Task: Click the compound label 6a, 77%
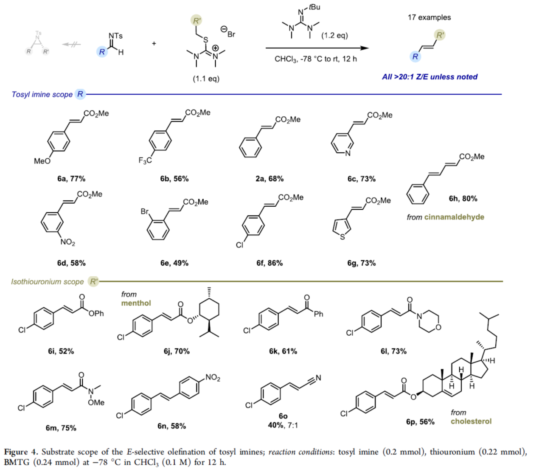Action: pyautogui.click(x=71, y=179)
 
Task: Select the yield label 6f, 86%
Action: pyautogui.click(x=269, y=263)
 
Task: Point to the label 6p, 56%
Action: pyautogui.click(x=420, y=421)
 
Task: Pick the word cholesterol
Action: pyautogui.click(x=471, y=421)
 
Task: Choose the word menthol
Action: pyautogui.click(x=136, y=303)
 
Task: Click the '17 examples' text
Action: pyautogui.click(x=429, y=17)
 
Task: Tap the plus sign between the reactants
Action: pyautogui.click(x=154, y=43)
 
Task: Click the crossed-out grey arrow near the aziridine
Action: pyautogui.click(x=71, y=44)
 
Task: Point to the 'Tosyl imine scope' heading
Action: pyautogui.click(x=42, y=94)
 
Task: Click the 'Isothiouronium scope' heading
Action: pyautogui.click(x=47, y=281)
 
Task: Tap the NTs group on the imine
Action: pyautogui.click(x=115, y=36)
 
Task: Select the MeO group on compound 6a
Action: pyautogui.click(x=42, y=161)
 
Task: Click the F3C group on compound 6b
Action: pyautogui.click(x=145, y=160)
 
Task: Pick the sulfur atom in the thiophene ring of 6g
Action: pyautogui.click(x=342, y=237)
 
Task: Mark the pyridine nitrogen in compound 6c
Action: pyautogui.click(x=348, y=153)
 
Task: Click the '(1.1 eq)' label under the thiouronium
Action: pyautogui.click(x=206, y=79)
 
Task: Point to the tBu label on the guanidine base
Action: pyautogui.click(x=314, y=7)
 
